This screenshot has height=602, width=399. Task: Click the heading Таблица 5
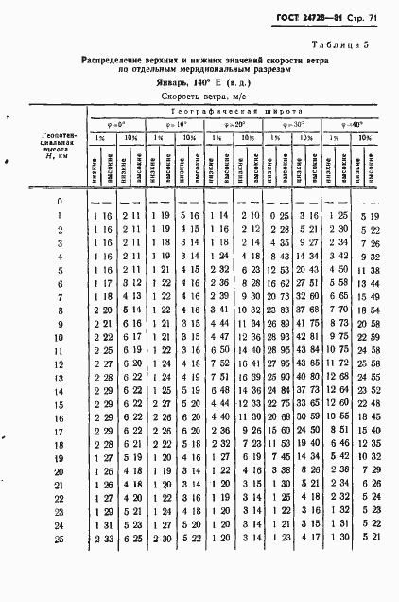349,45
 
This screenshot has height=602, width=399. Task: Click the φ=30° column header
294,124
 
